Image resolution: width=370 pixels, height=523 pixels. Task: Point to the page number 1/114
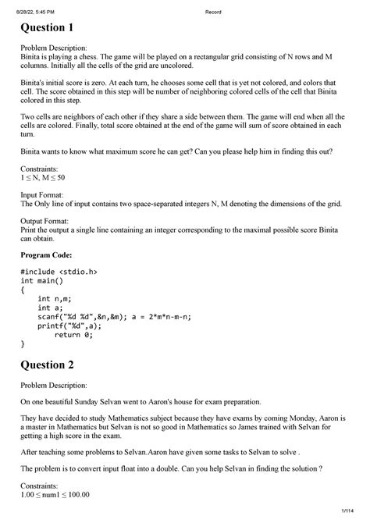(x=347, y=512)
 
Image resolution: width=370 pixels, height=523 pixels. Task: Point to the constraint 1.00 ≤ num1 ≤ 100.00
(x=55, y=493)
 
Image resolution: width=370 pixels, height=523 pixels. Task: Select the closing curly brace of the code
(x=23, y=343)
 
